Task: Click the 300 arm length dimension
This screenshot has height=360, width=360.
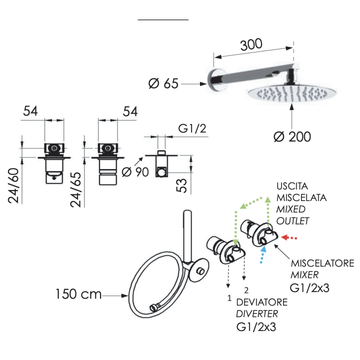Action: coord(250,44)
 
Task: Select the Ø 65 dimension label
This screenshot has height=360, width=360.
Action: coord(163,83)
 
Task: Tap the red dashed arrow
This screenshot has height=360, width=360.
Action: coord(289,238)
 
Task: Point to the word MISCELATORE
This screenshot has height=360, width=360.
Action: coord(323,263)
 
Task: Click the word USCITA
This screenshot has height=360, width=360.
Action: coord(292,185)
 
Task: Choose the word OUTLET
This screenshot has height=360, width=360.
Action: coord(293,220)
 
